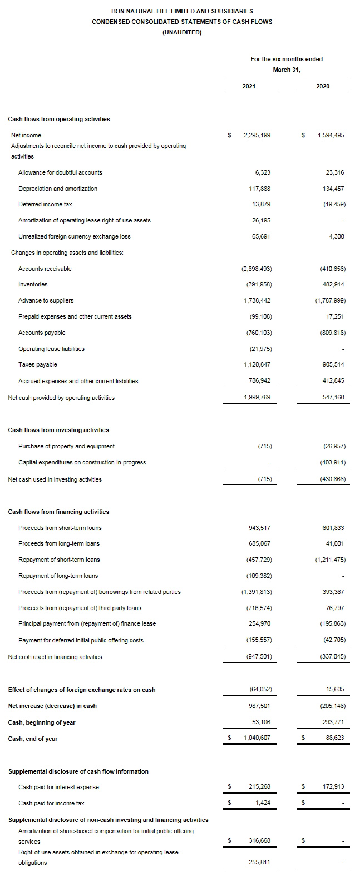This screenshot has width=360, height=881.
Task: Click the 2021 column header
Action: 249,87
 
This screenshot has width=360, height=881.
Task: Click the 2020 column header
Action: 322,87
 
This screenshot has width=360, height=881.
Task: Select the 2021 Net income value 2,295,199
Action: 257,135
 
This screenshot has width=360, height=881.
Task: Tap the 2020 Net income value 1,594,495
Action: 331,135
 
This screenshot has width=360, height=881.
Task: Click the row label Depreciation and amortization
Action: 58,189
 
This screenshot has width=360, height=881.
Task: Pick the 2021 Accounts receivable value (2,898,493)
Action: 257,269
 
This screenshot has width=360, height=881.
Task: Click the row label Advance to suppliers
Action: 46,300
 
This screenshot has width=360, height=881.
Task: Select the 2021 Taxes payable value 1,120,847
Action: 257,364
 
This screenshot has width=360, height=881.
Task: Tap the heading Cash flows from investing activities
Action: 58,430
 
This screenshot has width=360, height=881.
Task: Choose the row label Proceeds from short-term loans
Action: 60,528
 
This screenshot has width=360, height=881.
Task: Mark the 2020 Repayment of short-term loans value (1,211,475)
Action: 330,560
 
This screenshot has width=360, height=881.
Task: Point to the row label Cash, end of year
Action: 33,739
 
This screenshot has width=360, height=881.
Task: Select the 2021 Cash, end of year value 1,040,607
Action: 257,739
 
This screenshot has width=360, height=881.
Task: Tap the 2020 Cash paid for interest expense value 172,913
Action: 333,786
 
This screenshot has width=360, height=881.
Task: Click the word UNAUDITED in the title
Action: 182,32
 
